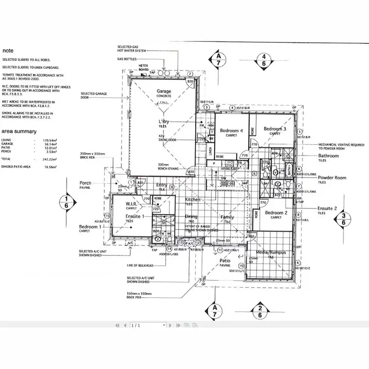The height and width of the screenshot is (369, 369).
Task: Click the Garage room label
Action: (164, 92)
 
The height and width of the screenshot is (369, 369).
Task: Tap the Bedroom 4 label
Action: (231, 130)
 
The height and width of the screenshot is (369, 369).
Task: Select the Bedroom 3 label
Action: (275, 129)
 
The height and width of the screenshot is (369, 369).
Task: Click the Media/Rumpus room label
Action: (271, 252)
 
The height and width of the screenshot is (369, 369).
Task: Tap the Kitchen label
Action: (192, 200)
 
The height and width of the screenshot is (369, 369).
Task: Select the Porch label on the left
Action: (86, 183)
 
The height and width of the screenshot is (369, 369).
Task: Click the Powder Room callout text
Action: (332, 178)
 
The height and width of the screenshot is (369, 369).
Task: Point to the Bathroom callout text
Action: (328, 156)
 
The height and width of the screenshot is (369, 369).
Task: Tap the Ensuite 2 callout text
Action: (328, 208)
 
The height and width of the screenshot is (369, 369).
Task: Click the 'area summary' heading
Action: (19, 131)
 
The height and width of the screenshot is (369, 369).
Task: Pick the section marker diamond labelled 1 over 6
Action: (67, 202)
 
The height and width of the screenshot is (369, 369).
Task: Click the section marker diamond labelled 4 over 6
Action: (264, 60)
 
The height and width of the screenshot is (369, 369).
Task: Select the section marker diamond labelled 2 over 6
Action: (259, 311)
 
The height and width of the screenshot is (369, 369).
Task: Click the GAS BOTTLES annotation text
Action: (126, 59)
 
